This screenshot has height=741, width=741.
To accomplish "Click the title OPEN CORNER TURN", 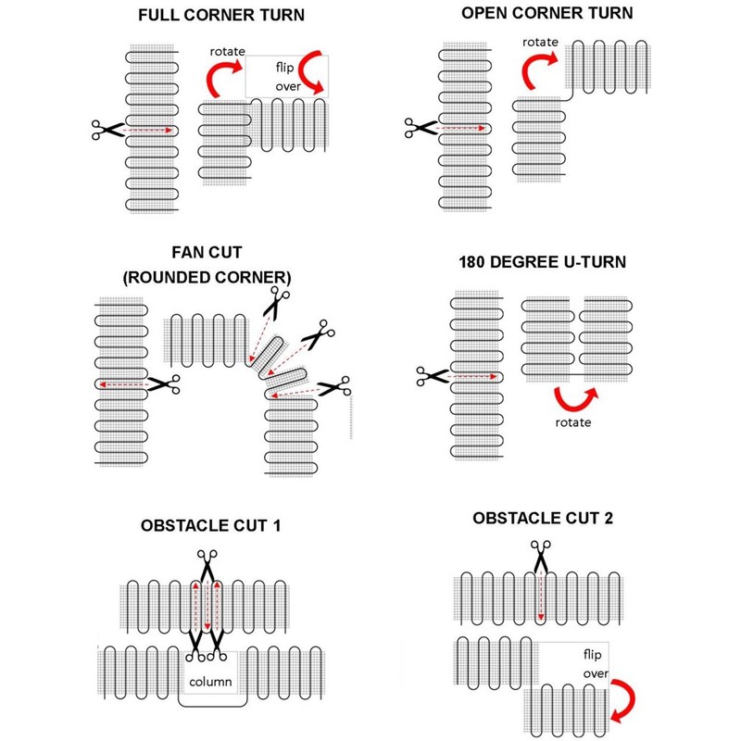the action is point(547,13).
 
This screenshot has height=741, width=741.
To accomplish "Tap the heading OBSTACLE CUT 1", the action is point(211,526).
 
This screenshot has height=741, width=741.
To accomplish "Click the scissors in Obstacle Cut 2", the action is point(540,554).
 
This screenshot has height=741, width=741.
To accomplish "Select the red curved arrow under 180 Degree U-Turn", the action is point(576,399).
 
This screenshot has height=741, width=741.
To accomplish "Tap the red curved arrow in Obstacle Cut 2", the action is point(622,697).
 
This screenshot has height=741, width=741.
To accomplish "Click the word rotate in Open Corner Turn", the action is point(539,43).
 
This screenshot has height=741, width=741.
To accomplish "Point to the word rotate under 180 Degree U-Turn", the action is point(574,423).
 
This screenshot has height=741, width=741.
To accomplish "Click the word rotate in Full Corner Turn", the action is point(228,51).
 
